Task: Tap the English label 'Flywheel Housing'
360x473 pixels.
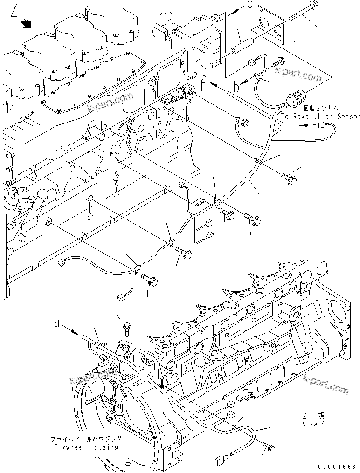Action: pos(86,447)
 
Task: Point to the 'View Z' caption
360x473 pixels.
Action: pos(312,424)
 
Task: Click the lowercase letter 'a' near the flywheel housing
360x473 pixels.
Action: pos(56,323)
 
